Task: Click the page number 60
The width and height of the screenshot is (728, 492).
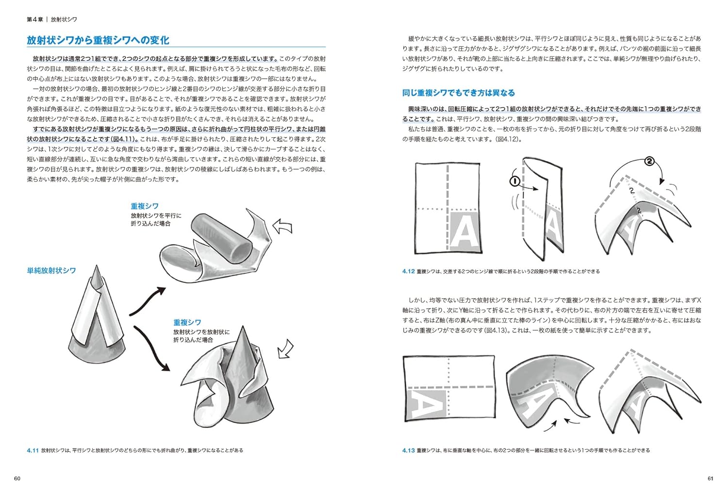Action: pos(17,479)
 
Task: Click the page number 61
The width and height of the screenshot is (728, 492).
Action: pos(711,479)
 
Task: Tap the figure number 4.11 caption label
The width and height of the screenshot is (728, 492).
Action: pos(33,450)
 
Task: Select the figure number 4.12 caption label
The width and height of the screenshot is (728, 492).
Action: pos(408,271)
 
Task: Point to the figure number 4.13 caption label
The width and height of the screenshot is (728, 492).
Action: pos(408,450)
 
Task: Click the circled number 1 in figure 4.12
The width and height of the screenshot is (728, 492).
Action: pos(515,181)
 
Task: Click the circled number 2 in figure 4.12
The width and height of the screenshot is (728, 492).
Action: pos(650,161)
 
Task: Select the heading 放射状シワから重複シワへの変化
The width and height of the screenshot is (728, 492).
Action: pos(98,40)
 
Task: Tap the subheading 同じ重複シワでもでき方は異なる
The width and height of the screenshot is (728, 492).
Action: pos(458,93)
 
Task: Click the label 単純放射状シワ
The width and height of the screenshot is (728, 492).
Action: pos(51,270)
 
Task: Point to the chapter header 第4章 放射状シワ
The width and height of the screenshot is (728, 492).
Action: pos(51,19)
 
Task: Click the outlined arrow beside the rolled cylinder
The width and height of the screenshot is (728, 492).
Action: pos(282,226)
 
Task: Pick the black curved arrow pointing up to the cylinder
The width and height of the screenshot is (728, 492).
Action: pos(147,300)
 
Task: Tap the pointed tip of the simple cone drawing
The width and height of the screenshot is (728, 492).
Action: pos(97,268)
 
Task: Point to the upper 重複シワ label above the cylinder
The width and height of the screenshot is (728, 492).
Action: pos(144,206)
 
